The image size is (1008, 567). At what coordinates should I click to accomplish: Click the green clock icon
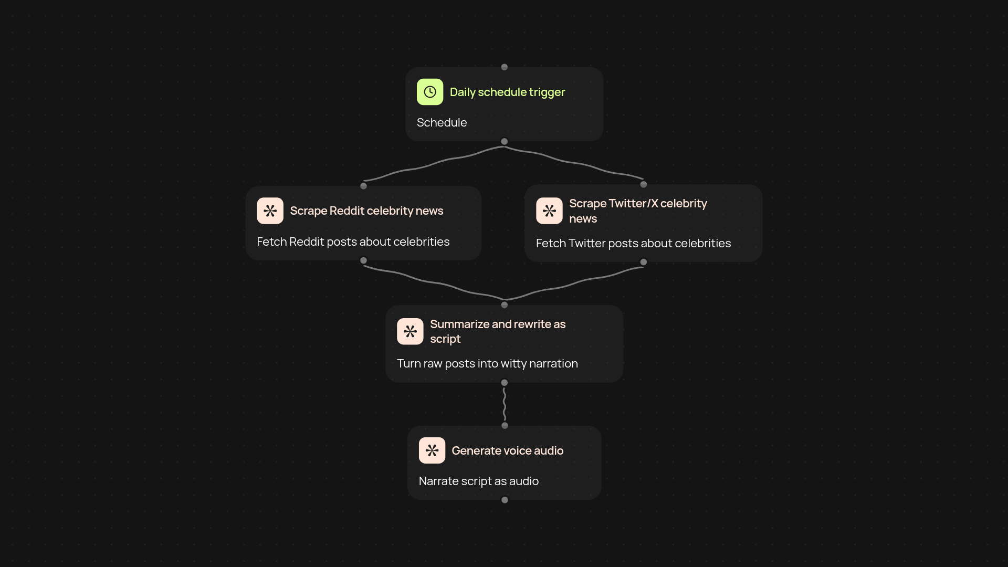(x=430, y=92)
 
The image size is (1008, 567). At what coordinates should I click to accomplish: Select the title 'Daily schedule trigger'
(x=507, y=92)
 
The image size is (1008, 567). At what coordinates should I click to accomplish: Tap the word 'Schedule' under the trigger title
(x=442, y=122)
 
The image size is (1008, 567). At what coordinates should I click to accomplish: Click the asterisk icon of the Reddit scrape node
(x=270, y=211)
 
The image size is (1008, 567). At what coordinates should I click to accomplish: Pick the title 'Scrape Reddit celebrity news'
(x=366, y=211)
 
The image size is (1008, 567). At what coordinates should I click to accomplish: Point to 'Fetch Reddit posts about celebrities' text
(x=353, y=241)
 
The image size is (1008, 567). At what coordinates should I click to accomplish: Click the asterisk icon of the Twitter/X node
(x=549, y=211)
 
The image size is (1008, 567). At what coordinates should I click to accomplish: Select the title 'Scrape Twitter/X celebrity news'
(x=638, y=211)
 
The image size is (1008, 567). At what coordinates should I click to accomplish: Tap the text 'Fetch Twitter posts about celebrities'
(x=633, y=243)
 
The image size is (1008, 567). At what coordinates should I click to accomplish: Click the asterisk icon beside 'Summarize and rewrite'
(x=410, y=331)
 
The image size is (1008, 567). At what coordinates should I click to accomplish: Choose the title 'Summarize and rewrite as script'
(x=498, y=331)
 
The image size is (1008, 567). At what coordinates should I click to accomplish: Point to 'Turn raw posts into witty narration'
(x=487, y=363)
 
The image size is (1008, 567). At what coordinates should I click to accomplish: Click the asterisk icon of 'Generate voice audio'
(x=432, y=450)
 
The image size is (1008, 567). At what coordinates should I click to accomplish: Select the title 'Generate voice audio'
(x=507, y=450)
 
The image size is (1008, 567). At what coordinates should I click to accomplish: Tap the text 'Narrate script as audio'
(x=478, y=481)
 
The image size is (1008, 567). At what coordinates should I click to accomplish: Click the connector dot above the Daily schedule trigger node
(x=505, y=67)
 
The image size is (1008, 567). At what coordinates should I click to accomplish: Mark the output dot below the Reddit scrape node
(x=363, y=260)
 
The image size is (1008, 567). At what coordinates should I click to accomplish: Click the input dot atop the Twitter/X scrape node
(x=644, y=184)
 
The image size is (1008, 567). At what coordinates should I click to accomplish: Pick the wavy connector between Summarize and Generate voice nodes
(x=504, y=404)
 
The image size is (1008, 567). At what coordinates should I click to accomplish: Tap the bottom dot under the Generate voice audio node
(x=505, y=500)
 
